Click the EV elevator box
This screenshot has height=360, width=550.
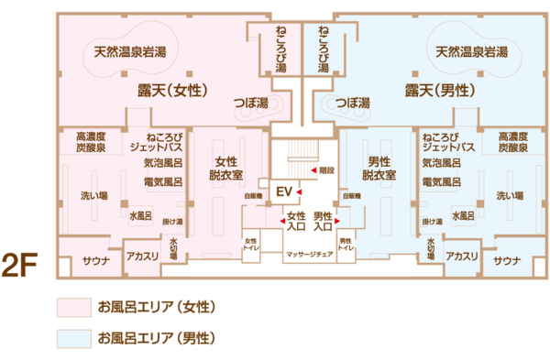click(283, 191)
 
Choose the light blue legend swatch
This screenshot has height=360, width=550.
click(73, 338)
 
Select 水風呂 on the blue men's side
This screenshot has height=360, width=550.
click(461, 217)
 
